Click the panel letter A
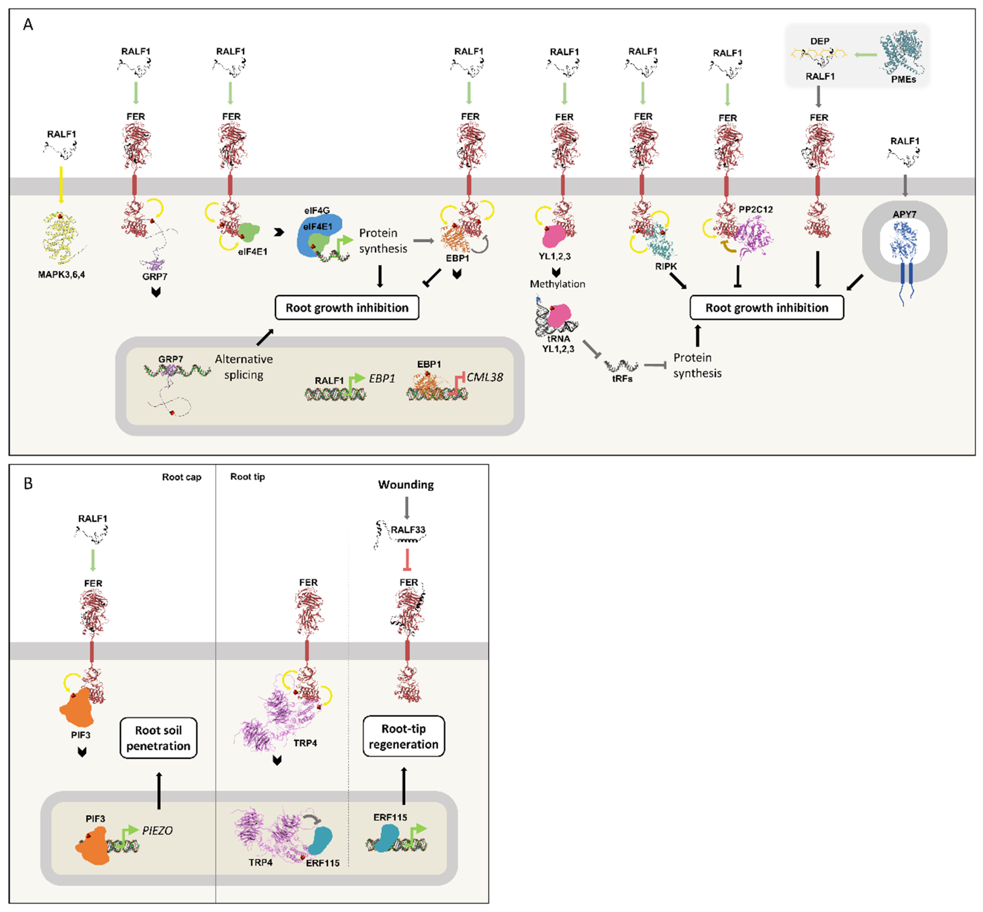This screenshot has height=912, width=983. pos(28,24)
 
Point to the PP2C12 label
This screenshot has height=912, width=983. pos(755,209)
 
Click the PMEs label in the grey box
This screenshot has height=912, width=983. pos(903,79)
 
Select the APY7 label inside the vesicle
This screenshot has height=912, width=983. pos(904,214)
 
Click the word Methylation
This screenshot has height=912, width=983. pos(557,284)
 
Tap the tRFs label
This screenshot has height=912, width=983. pos(622,378)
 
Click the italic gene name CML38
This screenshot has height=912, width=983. pos(485,377)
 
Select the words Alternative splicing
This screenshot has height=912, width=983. pos(244,367)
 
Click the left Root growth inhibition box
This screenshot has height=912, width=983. pos(347,308)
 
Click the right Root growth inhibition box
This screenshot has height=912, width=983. pos(766,308)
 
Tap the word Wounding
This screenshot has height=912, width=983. pos(406,485)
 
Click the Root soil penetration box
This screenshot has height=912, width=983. pos(158,737)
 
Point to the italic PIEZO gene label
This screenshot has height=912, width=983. pos(157,830)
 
